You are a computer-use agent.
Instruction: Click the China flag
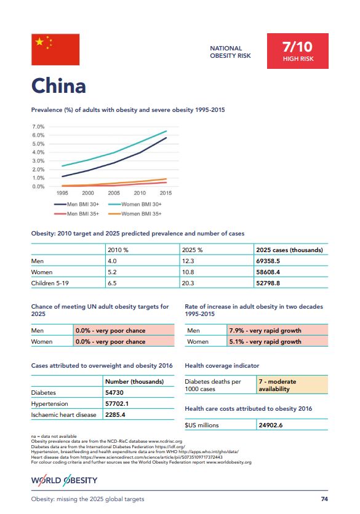[55, 50]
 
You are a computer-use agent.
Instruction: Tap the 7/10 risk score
[297, 47]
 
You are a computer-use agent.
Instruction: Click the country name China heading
[58, 86]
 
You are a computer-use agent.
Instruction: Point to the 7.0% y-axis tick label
[38, 127]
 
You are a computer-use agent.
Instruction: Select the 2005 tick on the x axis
[114, 193]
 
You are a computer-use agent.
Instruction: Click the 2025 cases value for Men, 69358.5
[268, 261]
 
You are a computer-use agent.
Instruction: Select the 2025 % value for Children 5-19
[188, 283]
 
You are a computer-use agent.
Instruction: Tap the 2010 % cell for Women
[112, 272]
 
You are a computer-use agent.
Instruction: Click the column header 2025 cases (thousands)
[289, 250]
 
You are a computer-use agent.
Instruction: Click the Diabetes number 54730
[114, 393]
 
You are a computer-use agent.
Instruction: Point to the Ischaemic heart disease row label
[63, 414]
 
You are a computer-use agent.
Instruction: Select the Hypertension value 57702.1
[117, 403]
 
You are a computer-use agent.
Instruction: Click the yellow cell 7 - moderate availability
[292, 385]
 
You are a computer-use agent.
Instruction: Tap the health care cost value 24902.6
[271, 425]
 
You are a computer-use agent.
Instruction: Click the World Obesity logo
[65, 480]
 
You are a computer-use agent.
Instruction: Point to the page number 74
[324, 499]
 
